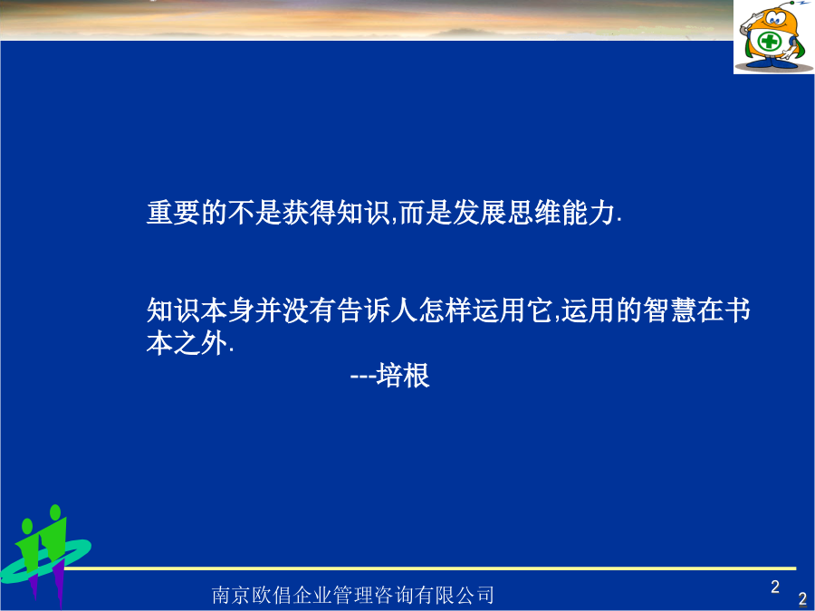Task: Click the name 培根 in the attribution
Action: tap(403, 375)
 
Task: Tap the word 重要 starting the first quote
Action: tap(174, 213)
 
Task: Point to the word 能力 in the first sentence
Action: tap(589, 213)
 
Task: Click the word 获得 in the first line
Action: tap(310, 213)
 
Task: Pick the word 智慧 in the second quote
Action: tap(670, 310)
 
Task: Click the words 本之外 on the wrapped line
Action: tap(187, 343)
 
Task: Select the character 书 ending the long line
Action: tap(737, 310)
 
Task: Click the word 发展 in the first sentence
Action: tap(479, 213)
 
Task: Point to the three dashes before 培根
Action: tap(363, 377)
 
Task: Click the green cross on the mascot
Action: tap(770, 41)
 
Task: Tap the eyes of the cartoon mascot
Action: tap(775, 19)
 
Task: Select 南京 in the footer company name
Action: tap(231, 595)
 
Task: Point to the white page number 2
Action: tap(775, 587)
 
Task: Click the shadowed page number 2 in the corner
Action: tap(802, 598)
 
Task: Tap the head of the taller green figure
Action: tap(54, 511)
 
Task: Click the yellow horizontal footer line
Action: tap(430, 568)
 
